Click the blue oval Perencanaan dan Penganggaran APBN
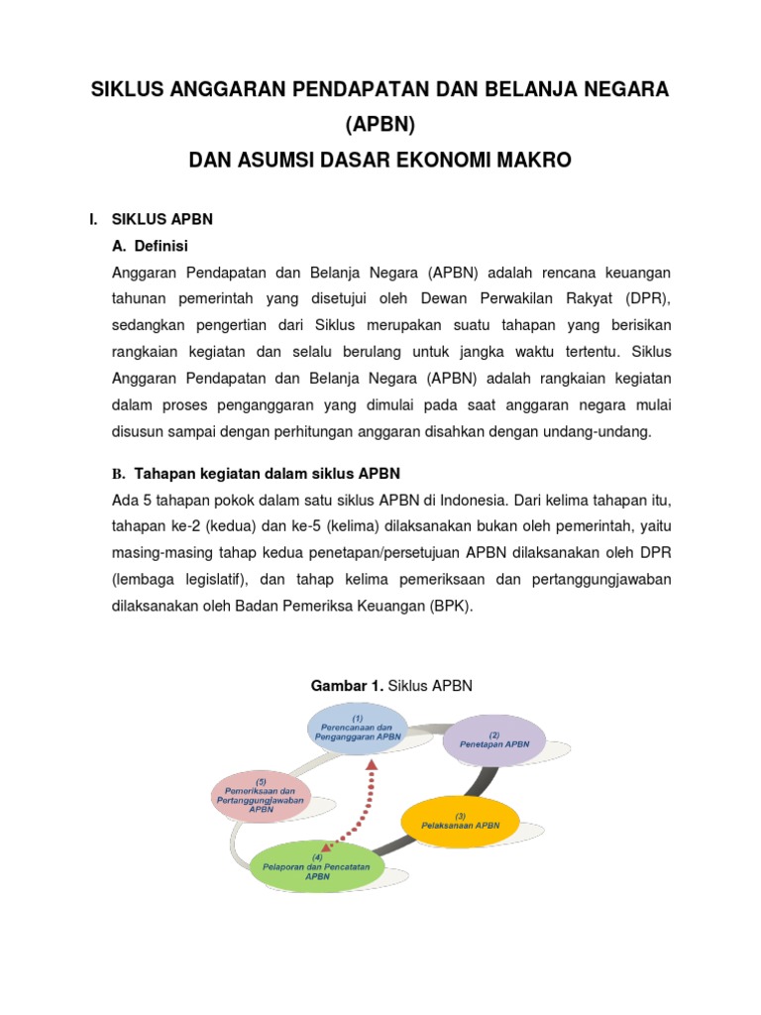coord(358,729)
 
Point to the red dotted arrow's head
coord(373,766)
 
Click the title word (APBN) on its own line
coord(380,125)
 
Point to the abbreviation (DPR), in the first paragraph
coord(645,297)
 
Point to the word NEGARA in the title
coord(627,90)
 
